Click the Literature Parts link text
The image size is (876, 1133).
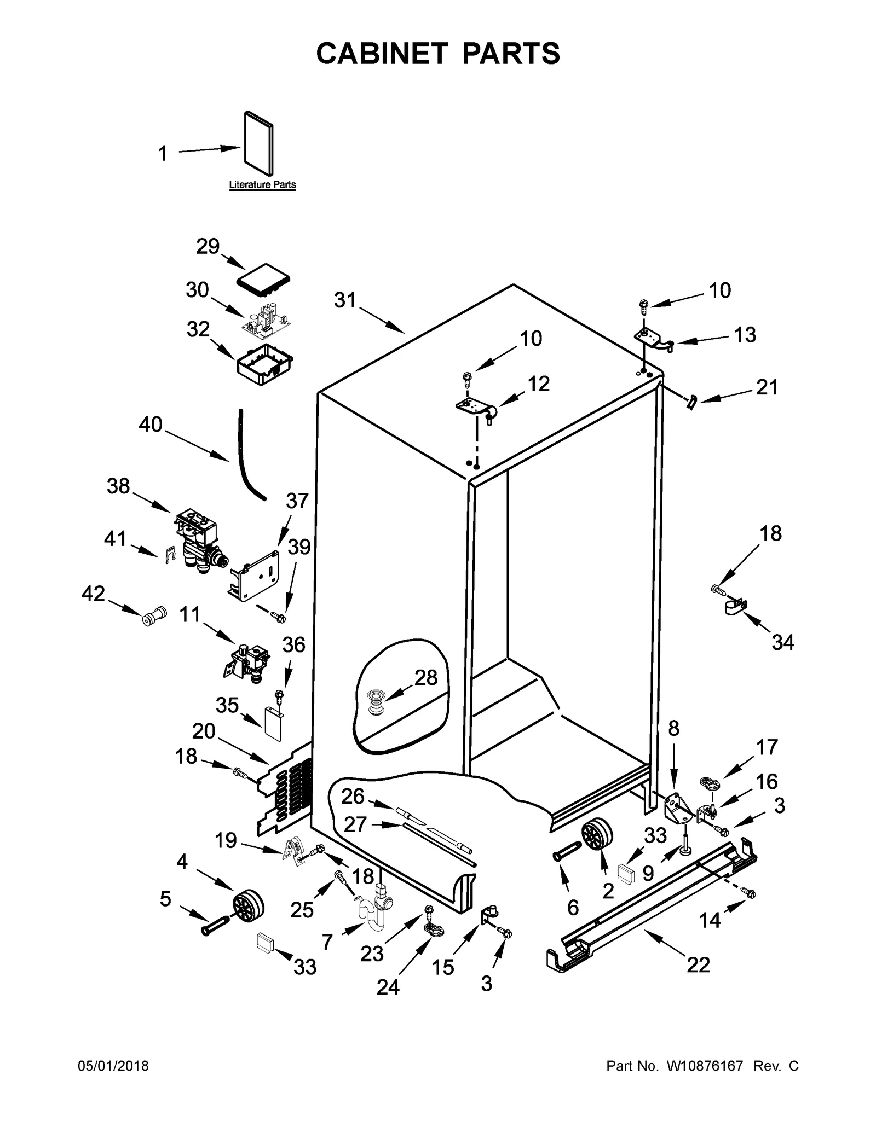click(x=262, y=185)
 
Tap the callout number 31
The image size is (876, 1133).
click(x=345, y=300)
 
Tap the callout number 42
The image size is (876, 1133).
click(x=93, y=594)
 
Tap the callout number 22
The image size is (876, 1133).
click(x=698, y=964)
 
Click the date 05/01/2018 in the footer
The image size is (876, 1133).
click(x=113, y=1066)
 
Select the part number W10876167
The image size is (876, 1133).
click(x=704, y=1066)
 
